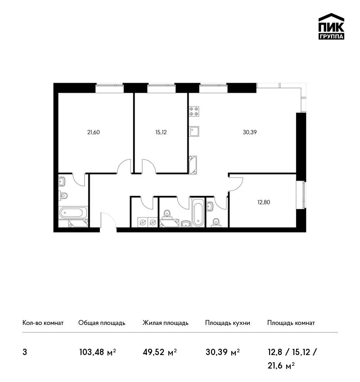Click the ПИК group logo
331,27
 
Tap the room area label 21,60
94,132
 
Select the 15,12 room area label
161,132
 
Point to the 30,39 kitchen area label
250,132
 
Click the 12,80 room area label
264,202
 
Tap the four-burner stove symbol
194,111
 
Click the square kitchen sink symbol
194,131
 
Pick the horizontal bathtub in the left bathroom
73,213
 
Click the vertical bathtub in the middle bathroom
198,213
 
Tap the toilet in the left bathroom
63,195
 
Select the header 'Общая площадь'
102,323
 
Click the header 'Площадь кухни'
228,323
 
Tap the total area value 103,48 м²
98,352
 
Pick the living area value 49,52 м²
160,352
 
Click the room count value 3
25,352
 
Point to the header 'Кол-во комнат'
43,323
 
